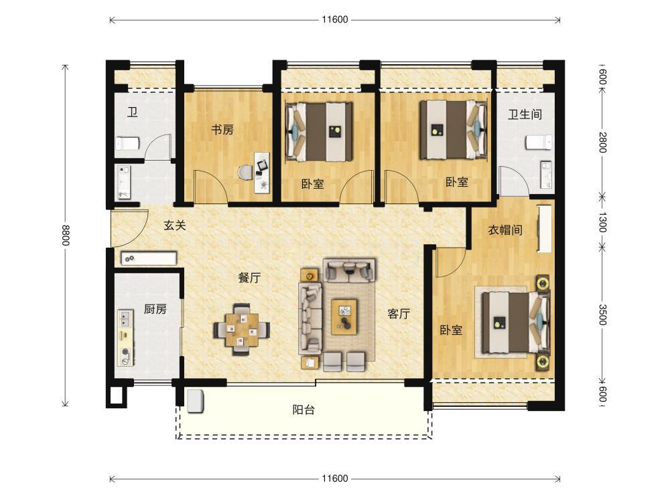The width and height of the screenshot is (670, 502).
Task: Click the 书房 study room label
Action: click(222, 129)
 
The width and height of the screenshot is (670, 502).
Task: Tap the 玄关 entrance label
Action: click(175, 225)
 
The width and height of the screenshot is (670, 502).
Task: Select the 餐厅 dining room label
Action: click(249, 278)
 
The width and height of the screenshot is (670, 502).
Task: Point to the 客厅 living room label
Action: click(399, 314)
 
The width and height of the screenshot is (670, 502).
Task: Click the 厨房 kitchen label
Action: click(155, 309)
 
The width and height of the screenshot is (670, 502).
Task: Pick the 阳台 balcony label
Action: click(304, 410)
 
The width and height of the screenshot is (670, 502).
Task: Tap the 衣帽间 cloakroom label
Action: click(505, 230)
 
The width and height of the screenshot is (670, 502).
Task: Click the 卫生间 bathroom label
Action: click(525, 114)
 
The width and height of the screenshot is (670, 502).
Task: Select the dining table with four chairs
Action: click(242, 329)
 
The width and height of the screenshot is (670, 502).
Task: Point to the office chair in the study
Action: click(245, 173)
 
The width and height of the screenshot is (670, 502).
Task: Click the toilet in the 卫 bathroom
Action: click(128, 143)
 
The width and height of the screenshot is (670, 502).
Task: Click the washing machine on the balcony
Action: click(195, 401)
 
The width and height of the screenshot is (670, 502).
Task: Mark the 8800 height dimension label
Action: click(65, 235)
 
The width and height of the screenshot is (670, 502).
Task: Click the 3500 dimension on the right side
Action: click(602, 315)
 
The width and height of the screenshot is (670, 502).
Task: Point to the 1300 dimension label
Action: click(602, 222)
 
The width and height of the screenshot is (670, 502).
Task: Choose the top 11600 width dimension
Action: click(335, 19)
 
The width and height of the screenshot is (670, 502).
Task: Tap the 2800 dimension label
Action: click(602, 143)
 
